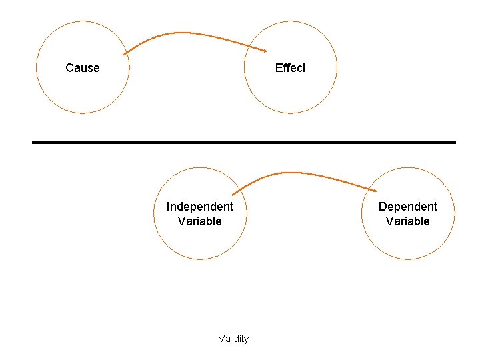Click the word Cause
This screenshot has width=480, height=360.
[x=83, y=68]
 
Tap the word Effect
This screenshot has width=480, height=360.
[x=290, y=68]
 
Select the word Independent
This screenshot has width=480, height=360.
[x=199, y=207]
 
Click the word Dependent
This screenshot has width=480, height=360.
[x=407, y=207]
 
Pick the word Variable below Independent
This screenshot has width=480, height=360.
[x=199, y=221]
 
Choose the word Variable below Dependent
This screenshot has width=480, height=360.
[x=407, y=221]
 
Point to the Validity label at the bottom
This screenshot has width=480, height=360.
[x=233, y=339]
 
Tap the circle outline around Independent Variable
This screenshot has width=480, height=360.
[x=154, y=213]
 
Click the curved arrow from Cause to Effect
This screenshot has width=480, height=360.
[x=193, y=33]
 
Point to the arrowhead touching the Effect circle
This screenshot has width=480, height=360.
[x=265, y=51]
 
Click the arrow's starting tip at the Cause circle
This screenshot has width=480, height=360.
[x=124, y=54]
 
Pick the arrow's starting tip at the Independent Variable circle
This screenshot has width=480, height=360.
[x=233, y=194]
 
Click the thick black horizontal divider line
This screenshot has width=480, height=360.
[x=244, y=142]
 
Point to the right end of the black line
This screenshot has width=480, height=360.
[x=455, y=142]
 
